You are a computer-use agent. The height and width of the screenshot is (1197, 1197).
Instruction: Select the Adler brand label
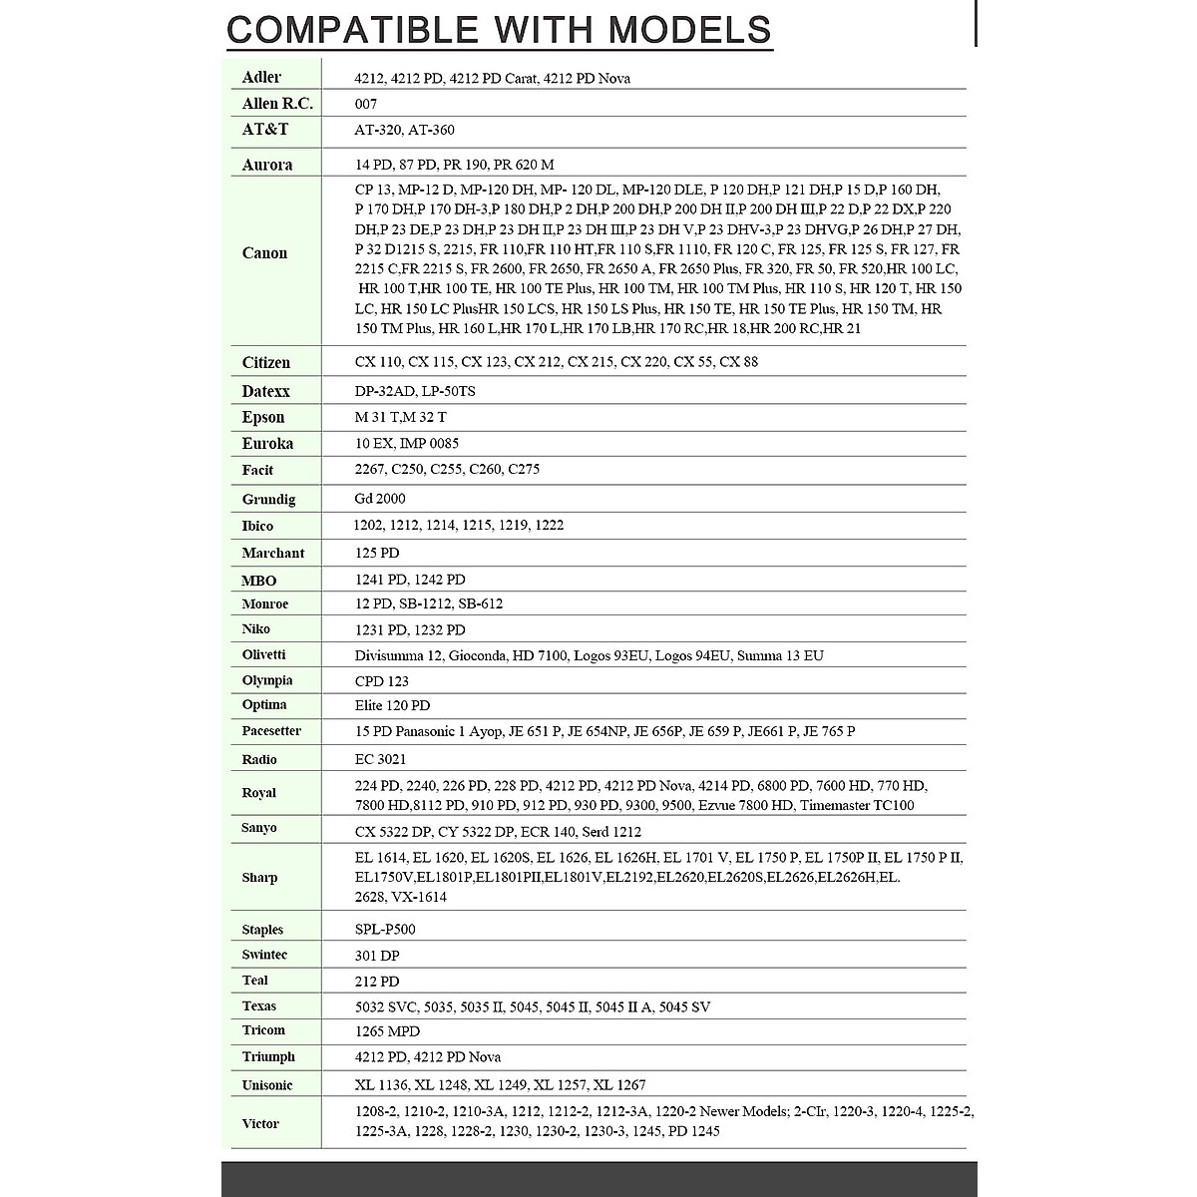click(x=261, y=77)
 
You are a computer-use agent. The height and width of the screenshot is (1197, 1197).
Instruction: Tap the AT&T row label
click(x=265, y=130)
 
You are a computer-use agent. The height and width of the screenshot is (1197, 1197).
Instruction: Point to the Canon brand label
click(x=264, y=253)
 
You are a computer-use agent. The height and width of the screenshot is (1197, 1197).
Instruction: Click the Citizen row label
click(x=266, y=362)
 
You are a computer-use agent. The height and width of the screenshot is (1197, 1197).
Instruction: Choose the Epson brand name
click(x=263, y=417)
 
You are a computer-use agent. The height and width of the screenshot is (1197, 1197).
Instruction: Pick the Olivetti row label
click(x=263, y=654)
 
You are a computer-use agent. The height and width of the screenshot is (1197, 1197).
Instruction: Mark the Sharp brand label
click(x=259, y=878)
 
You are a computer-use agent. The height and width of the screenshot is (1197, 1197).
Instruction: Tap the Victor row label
click(x=260, y=1123)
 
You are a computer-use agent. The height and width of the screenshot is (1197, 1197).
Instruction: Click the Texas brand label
click(x=258, y=1005)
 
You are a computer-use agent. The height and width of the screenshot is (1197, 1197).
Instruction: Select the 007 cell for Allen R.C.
click(x=366, y=104)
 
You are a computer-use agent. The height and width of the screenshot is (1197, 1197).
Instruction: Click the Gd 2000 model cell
click(x=380, y=499)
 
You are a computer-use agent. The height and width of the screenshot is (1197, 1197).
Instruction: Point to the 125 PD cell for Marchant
click(x=377, y=553)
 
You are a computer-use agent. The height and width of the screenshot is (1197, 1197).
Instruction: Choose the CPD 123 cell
click(x=382, y=681)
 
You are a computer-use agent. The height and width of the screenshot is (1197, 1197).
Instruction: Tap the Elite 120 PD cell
click(x=392, y=705)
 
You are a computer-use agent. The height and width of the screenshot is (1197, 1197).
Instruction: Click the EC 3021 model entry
click(x=380, y=759)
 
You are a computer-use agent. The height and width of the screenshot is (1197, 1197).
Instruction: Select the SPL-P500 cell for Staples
click(x=385, y=930)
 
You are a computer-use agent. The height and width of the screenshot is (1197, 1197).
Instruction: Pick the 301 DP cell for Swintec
click(x=377, y=956)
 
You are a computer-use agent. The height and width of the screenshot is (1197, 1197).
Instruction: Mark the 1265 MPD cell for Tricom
click(x=387, y=1031)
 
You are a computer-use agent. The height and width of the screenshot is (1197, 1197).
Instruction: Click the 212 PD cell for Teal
click(x=377, y=982)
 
